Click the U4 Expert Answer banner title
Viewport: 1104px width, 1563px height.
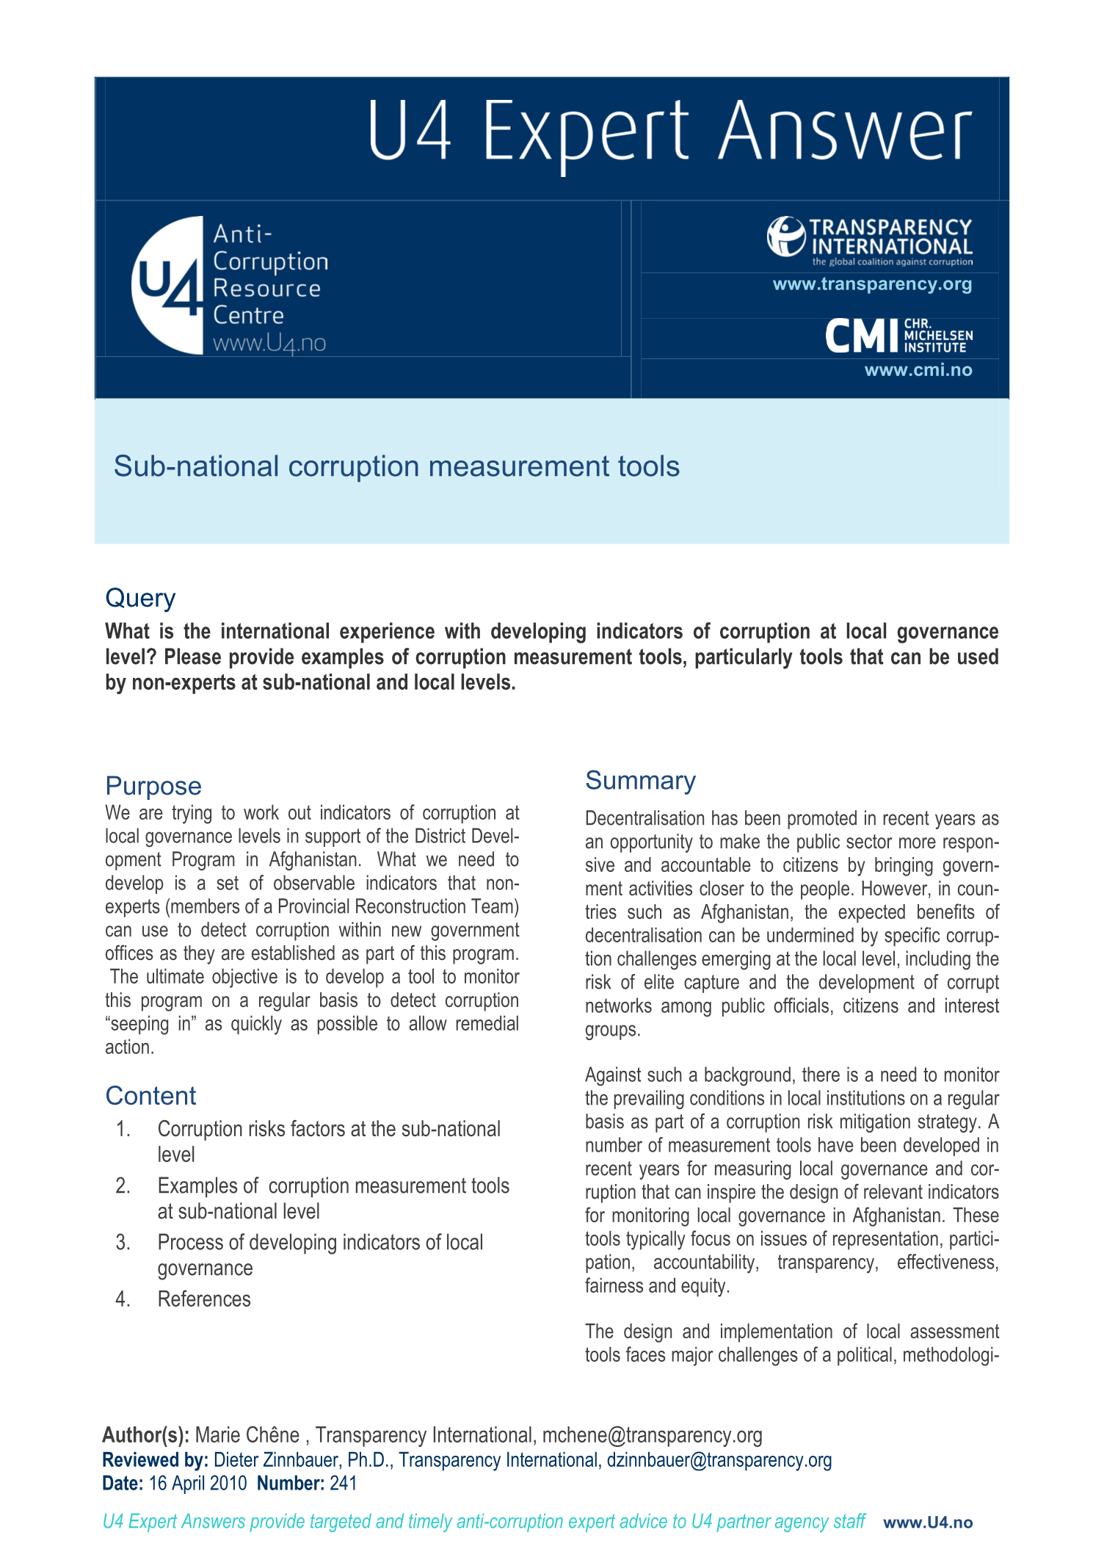669,132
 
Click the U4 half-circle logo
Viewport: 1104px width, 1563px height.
168,285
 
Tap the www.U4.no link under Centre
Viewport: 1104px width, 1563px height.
269,343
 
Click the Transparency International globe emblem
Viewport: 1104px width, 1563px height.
785,236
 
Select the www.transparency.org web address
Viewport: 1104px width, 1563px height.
872,284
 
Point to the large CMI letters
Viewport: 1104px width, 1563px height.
861,336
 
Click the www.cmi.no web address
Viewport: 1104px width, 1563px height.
918,370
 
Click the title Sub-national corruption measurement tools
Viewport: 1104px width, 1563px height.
396,466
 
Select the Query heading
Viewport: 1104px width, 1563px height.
140,598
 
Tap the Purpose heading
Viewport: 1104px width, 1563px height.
153,786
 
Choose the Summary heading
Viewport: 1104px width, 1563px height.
640,781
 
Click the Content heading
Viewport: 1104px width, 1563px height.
150,1096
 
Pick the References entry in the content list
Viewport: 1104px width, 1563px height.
204,1299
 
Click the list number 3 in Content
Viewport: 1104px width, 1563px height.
123,1243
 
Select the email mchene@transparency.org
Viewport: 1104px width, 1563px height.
652,1435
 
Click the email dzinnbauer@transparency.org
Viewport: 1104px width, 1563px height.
719,1459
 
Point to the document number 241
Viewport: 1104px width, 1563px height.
344,1483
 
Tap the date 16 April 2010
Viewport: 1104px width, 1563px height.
197,1483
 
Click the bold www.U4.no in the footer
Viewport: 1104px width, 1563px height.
928,1523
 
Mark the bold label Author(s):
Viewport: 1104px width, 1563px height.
145,1435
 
